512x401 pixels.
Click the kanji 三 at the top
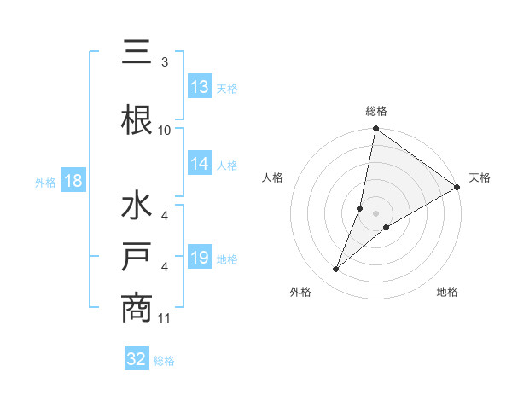click(137, 52)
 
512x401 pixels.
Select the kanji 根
click(137, 119)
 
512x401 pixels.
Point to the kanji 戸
click(137, 257)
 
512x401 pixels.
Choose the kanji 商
click(137, 307)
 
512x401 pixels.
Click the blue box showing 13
click(200, 87)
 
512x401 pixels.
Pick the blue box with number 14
click(200, 164)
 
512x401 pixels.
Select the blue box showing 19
click(200, 258)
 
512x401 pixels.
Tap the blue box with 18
click(73, 181)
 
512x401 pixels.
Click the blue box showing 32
click(137, 359)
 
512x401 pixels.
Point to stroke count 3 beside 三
click(164, 62)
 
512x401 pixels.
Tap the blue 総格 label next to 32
click(164, 361)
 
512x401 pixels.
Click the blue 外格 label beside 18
click(45, 182)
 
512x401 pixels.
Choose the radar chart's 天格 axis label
click(480, 177)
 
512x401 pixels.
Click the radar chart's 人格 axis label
click(273, 177)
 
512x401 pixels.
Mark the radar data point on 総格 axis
click(375, 129)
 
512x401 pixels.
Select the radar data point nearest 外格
click(336, 270)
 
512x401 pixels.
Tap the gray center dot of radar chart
click(375, 213)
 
